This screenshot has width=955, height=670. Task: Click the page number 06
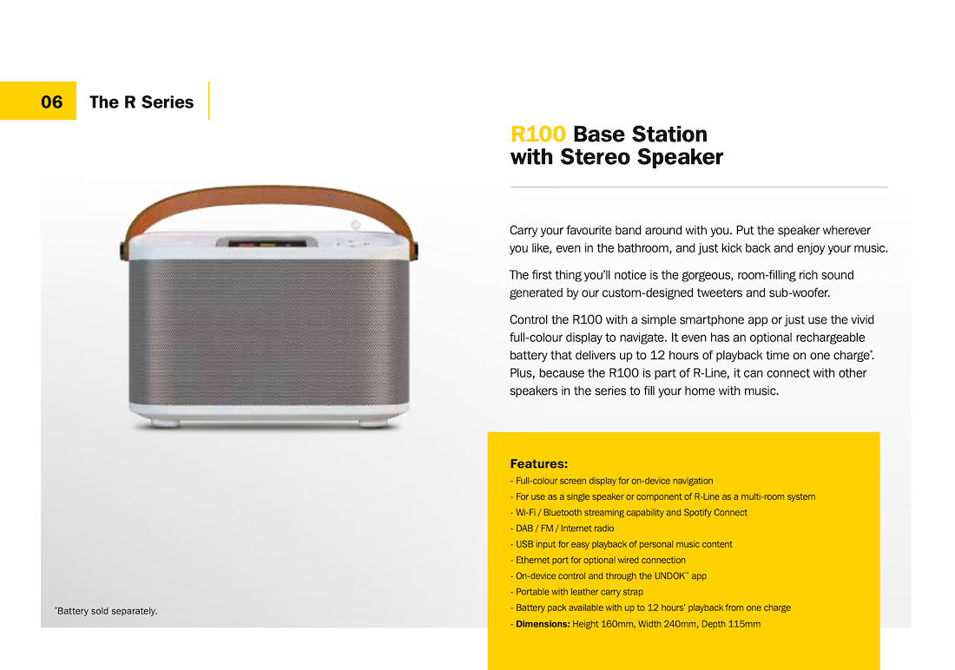52,102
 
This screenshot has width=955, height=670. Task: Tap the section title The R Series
142,102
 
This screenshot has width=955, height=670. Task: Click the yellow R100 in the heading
537,134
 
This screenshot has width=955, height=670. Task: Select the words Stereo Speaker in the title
642,156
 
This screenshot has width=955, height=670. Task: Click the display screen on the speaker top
267,242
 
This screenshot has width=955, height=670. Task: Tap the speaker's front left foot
164,423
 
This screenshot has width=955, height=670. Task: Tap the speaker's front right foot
373,423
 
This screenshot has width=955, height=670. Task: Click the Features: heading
539,463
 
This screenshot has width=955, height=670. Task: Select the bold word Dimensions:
543,624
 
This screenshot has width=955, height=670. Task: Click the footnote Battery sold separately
106,611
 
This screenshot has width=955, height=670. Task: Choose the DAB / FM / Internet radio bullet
563,528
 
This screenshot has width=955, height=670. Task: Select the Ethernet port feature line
598,560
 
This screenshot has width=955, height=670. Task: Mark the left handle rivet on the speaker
123,250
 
